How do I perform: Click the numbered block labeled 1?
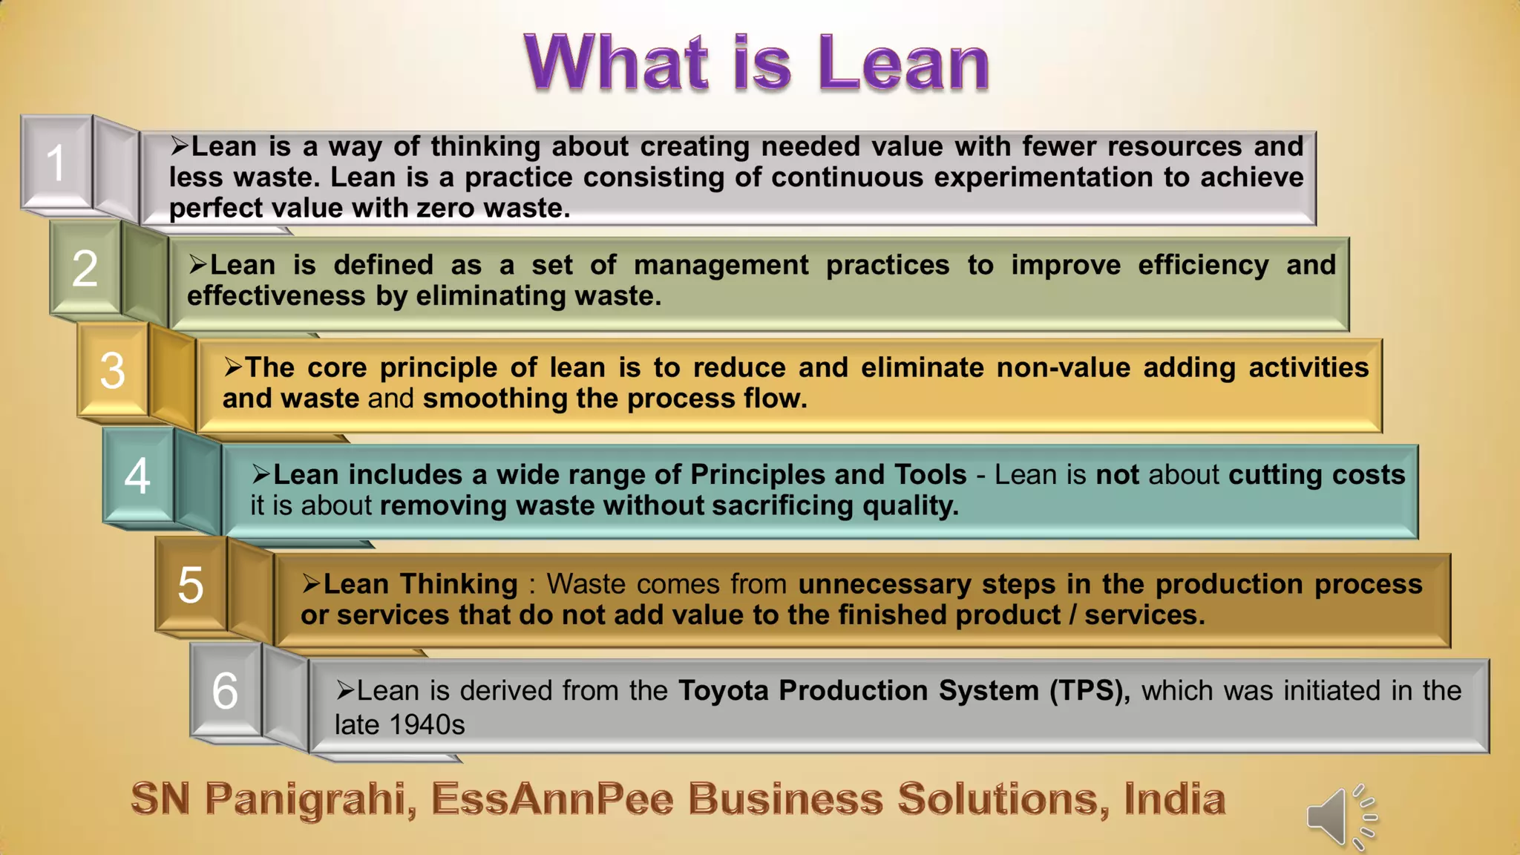click(56, 163)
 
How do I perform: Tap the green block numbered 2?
click(85, 268)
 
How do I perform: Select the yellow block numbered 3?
click(112, 370)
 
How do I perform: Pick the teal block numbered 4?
click(137, 476)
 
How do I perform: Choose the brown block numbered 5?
click(190, 585)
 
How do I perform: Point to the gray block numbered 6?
click(225, 691)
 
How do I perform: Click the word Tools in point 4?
click(930, 474)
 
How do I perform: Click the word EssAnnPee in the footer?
click(552, 799)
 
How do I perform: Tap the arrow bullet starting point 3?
click(233, 367)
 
